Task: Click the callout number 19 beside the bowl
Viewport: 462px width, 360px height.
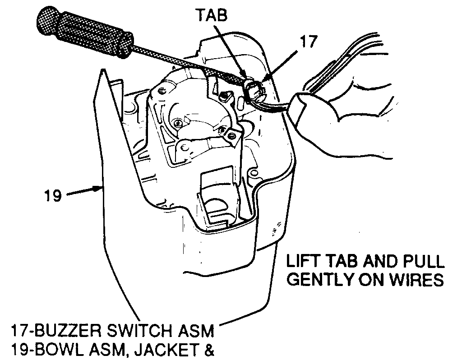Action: [x=53, y=196]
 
